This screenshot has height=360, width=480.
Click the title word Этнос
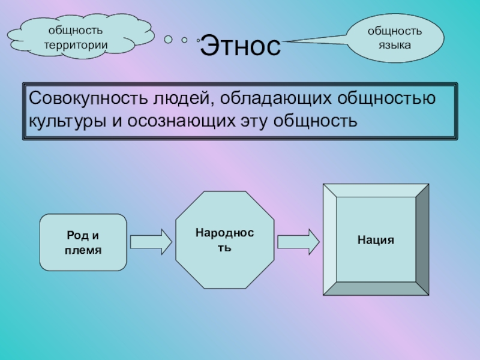240,46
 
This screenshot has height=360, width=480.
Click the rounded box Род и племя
83,242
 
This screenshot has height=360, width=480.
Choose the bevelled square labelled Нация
376,239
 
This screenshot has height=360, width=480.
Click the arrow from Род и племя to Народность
151,242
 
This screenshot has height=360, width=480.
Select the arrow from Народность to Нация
298,242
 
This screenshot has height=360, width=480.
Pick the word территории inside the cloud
76,44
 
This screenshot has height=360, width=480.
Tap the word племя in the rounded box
83,249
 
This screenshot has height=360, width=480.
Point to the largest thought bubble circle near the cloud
169,39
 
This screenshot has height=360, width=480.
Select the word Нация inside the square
376,239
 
